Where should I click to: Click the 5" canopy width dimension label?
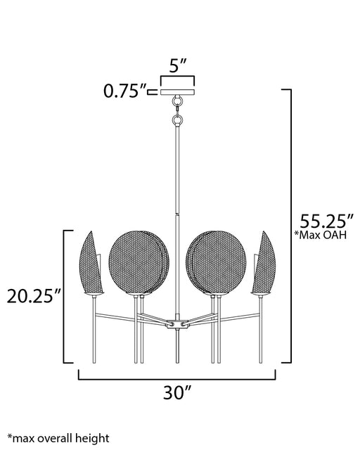[x=178, y=65]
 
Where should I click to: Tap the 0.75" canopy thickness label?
[x=125, y=91]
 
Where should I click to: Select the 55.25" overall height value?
[x=327, y=221]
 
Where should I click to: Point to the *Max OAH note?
[x=321, y=235]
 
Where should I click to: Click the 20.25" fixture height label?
[x=34, y=296]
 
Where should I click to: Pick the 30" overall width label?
[x=177, y=392]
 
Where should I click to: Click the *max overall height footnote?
[x=58, y=438]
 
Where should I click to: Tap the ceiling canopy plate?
[x=177, y=92]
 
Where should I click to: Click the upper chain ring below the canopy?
[x=177, y=101]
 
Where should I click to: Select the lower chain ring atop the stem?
[x=177, y=120]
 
